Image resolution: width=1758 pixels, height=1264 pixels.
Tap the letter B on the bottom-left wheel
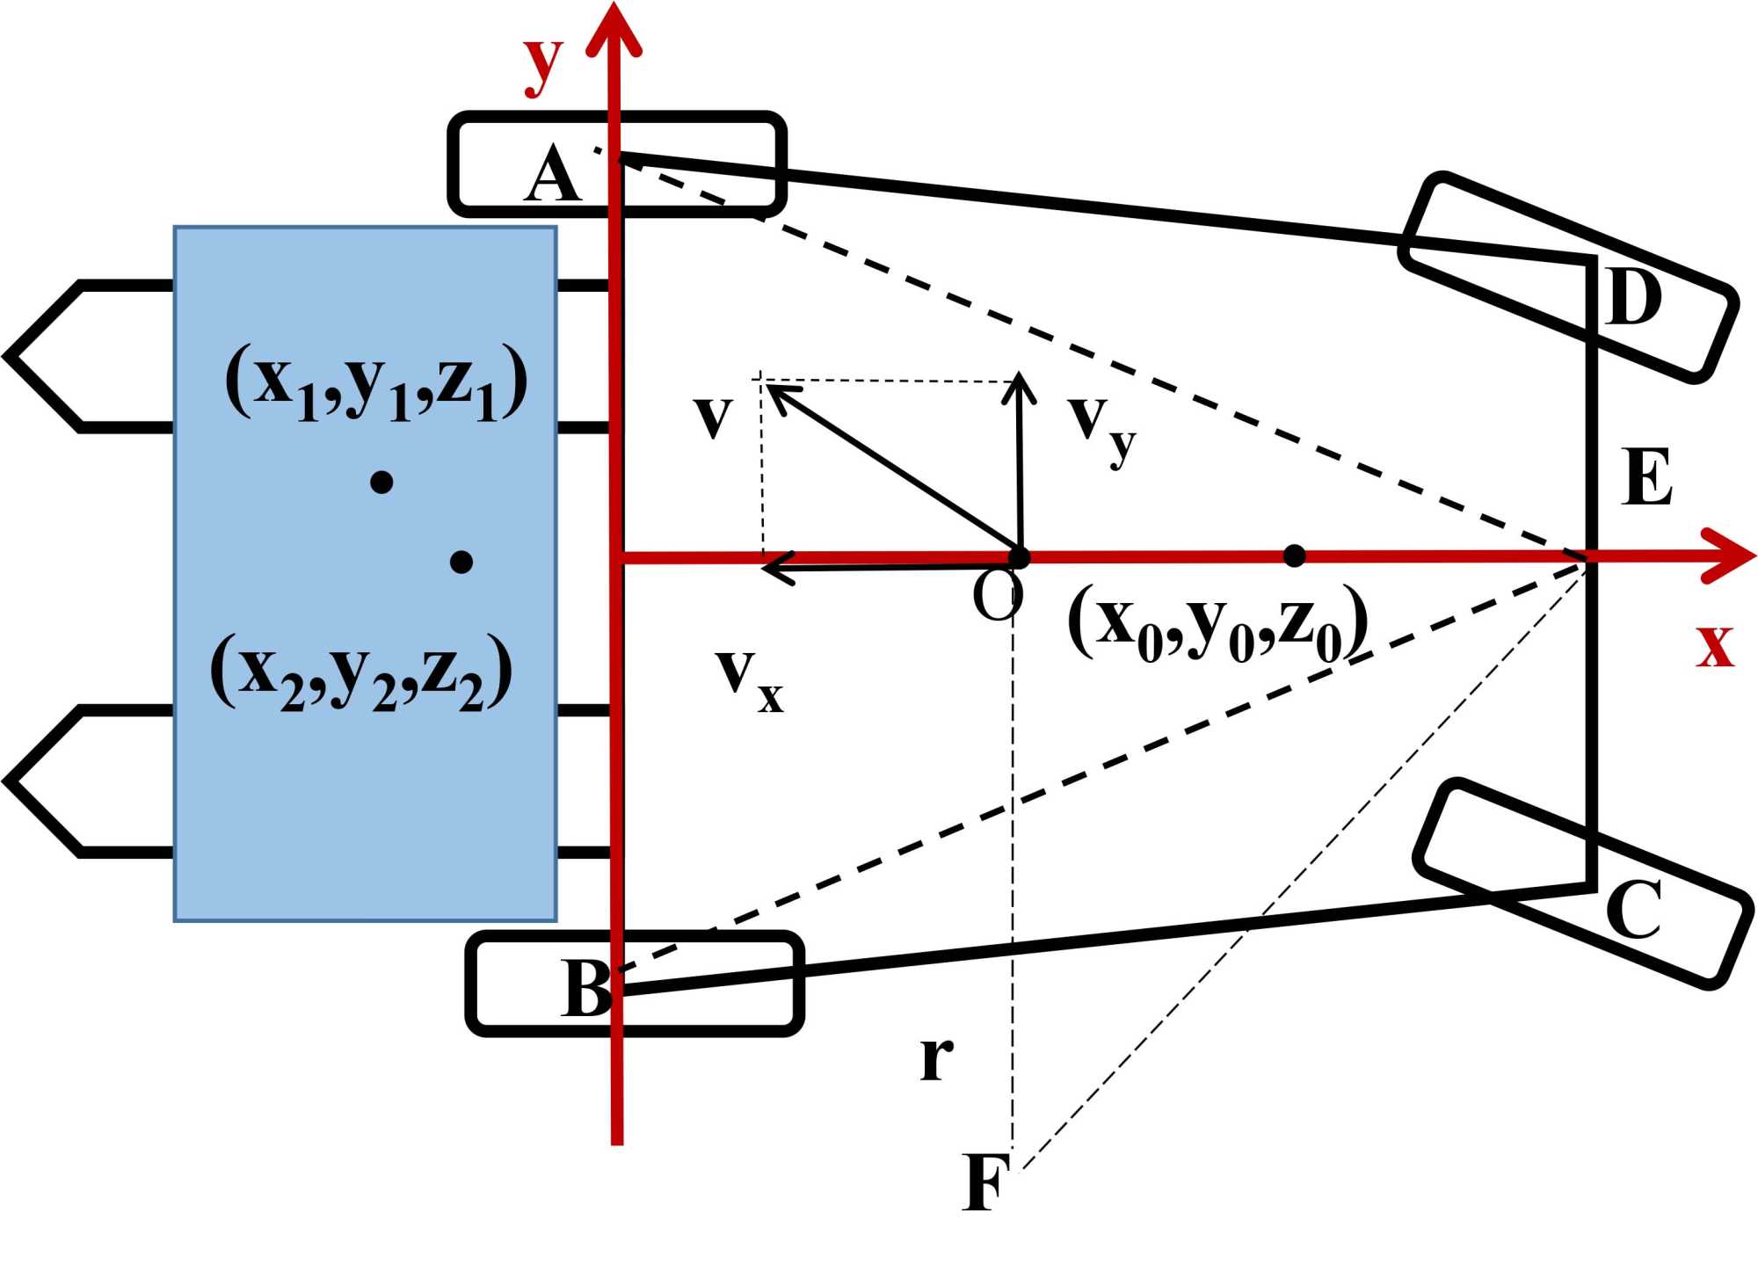pos(586,987)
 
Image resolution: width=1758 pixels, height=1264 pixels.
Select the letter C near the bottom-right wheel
pos(1633,910)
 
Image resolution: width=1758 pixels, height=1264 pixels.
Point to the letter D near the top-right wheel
pos(1634,297)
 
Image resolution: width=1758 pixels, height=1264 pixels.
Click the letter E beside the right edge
pos(1646,476)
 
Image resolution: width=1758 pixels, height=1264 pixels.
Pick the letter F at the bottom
pos(985,1182)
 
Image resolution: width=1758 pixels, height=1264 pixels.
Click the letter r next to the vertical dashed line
pos(937,1057)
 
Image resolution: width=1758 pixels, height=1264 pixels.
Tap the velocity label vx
pos(749,681)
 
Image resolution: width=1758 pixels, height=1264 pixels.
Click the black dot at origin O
pos(1019,557)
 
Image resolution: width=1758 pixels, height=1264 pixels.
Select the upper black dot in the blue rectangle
pos(381,482)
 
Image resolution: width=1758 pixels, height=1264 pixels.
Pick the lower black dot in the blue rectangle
pos(461,562)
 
